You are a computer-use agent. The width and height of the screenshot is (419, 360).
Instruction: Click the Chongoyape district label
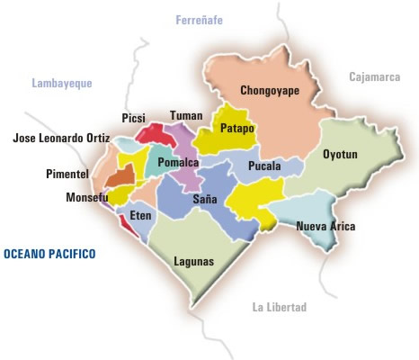(270, 91)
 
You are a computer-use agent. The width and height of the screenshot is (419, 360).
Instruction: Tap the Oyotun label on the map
(340, 155)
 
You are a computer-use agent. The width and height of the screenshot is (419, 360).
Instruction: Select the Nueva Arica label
(325, 227)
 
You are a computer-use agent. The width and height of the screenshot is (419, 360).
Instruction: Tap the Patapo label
(237, 129)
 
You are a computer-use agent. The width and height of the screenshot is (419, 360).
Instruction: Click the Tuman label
(186, 116)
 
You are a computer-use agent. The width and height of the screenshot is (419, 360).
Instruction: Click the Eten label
(140, 216)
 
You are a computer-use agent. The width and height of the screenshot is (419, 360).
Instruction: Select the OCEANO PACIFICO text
(49, 255)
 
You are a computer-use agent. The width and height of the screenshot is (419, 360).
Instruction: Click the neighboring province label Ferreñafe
(199, 20)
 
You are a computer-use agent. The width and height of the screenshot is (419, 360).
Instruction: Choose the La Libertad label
(280, 308)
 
